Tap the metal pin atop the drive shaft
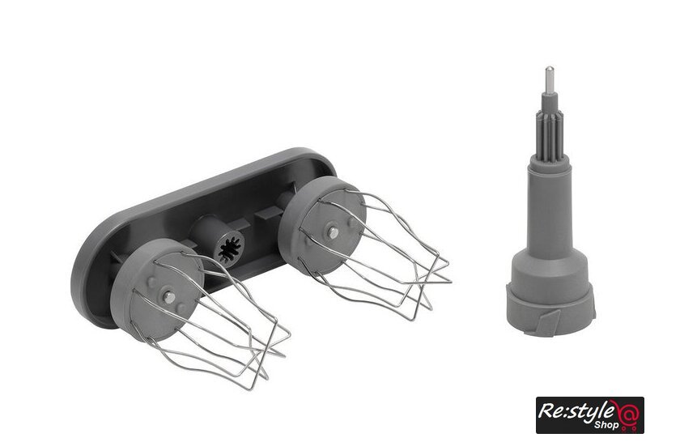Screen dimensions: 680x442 pos(549,79)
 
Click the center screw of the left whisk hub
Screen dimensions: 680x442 pos(169,297)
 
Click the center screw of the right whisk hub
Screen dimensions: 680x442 pos(333,233)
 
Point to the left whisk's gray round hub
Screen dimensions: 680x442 pos(156,290)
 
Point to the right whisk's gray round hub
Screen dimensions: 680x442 pos(321,226)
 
